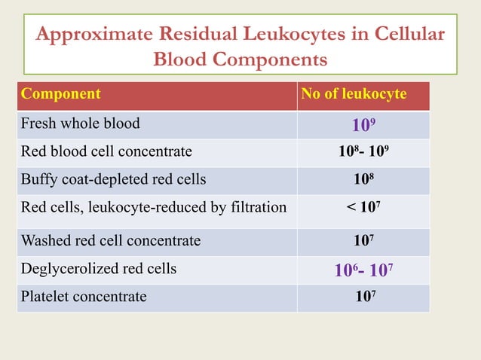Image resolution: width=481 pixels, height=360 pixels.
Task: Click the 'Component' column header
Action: coord(61,95)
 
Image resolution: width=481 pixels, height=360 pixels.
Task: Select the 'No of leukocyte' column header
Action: coord(354,95)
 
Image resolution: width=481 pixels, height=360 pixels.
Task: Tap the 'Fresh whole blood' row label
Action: coord(80,123)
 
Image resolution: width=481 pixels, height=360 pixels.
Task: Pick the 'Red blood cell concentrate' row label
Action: coord(106,151)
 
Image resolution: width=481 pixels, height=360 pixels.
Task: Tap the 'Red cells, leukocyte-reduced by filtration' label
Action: coord(154,209)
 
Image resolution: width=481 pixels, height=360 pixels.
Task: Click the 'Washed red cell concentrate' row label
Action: coord(111,241)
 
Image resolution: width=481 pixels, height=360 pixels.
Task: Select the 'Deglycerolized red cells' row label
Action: coord(99,269)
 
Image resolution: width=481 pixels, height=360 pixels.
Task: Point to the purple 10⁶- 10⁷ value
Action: coord(363,270)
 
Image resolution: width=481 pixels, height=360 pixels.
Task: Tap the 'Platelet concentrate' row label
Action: coord(84,297)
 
